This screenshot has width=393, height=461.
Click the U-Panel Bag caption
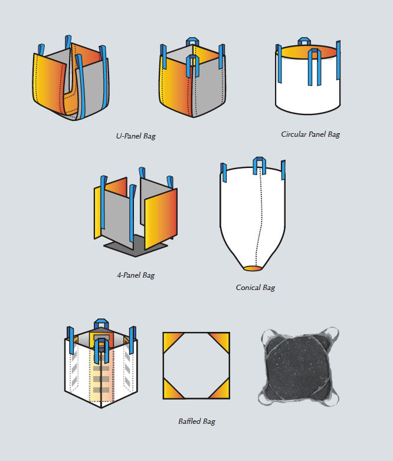pyautogui.click(x=136, y=136)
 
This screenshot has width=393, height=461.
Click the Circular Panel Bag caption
pyautogui.click(x=310, y=134)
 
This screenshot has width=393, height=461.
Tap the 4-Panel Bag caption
pyautogui.click(x=136, y=275)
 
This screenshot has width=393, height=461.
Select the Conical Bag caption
pyautogui.click(x=255, y=288)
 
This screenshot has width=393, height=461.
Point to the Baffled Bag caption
pyautogui.click(x=196, y=421)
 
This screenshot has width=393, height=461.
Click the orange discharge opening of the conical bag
pyautogui.click(x=253, y=269)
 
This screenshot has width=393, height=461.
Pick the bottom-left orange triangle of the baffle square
pyautogui.click(x=171, y=391)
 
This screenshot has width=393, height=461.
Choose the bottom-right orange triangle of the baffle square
pyautogui.click(x=222, y=391)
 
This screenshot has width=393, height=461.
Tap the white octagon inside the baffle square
pyautogui.click(x=196, y=365)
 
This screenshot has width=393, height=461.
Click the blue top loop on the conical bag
pyautogui.click(x=258, y=163)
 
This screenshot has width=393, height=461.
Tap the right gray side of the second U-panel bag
pyautogui.click(x=209, y=85)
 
